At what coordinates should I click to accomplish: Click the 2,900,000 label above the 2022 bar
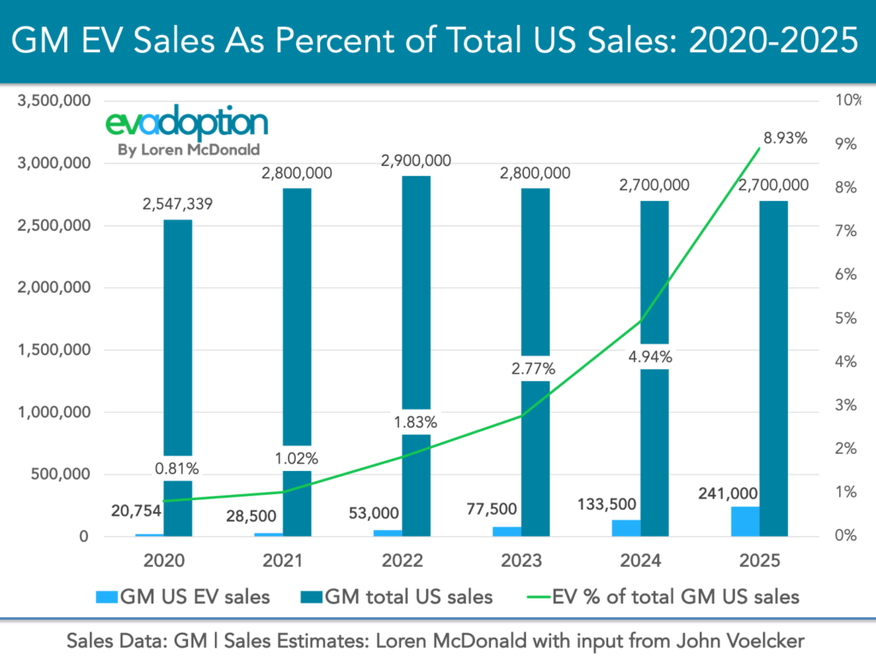coord(417,160)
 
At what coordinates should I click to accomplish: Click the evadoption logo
coord(186,124)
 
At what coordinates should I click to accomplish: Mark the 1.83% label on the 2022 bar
coord(417,421)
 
